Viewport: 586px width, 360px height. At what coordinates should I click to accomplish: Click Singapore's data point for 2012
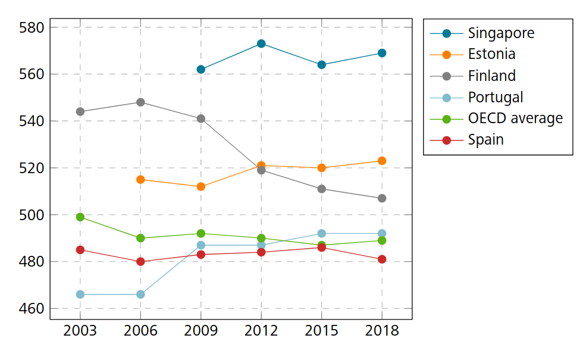click(x=261, y=43)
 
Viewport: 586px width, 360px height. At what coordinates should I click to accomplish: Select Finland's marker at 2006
click(x=140, y=102)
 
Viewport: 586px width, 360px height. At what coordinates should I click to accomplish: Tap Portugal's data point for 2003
click(x=80, y=295)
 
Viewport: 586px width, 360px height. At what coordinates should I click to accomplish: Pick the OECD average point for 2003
click(x=80, y=217)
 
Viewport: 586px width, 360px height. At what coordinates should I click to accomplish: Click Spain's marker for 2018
click(x=382, y=259)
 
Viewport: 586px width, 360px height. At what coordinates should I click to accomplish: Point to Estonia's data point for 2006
click(x=140, y=180)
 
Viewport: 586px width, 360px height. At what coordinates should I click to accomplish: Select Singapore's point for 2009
click(x=201, y=70)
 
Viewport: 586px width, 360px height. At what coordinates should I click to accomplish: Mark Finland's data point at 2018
click(x=382, y=198)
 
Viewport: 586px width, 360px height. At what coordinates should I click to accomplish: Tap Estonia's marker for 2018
click(x=382, y=161)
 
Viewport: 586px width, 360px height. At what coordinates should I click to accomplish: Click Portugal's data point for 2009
click(x=201, y=245)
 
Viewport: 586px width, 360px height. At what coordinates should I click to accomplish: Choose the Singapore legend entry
click(x=501, y=33)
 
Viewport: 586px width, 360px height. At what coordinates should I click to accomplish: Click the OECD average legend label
click(x=515, y=118)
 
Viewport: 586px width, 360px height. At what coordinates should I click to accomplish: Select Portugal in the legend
click(x=496, y=97)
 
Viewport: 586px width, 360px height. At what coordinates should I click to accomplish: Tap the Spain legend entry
click(x=485, y=140)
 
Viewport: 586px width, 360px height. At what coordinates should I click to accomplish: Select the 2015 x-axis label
click(x=321, y=331)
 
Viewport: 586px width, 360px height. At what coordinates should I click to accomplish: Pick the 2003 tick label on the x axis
click(x=80, y=331)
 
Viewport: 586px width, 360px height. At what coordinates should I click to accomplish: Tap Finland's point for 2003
click(x=80, y=112)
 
